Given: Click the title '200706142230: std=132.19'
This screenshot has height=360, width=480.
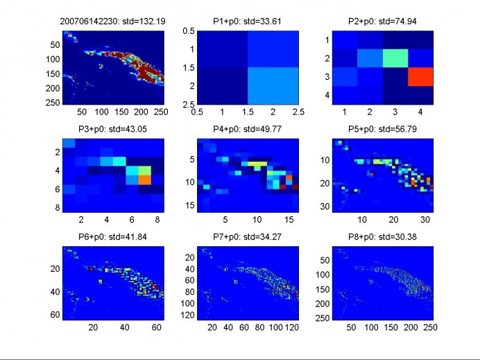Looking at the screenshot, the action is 112,22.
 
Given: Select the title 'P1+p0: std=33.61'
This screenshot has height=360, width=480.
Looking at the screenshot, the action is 248,22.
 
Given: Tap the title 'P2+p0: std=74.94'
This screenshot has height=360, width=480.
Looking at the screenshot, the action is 382,22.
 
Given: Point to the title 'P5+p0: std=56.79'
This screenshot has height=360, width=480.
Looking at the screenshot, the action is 382,129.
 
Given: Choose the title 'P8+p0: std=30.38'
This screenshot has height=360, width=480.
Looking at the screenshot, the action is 382,237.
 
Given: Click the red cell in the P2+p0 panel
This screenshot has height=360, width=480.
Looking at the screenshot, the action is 420,77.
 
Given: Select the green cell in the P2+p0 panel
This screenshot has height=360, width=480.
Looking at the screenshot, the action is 395,58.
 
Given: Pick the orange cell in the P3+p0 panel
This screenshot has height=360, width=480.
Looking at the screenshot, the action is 144,180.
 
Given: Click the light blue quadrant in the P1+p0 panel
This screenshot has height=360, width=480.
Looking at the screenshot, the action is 273,86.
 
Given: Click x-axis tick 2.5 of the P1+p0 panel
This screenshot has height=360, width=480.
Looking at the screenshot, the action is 298,112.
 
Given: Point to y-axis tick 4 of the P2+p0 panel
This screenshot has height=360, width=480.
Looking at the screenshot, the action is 327,95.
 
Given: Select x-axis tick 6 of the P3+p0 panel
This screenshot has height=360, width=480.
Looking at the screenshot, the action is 132,220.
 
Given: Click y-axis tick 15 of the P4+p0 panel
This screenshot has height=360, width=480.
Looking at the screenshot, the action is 190,205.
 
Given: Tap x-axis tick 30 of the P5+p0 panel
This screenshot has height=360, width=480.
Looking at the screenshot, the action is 425,220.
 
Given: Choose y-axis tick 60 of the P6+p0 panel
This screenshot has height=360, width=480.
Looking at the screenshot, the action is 55,315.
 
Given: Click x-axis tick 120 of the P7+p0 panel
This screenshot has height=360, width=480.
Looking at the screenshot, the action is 292,327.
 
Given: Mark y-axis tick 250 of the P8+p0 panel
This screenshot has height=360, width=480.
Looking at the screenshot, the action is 323,318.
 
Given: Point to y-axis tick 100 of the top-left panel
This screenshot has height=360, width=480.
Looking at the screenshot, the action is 53,60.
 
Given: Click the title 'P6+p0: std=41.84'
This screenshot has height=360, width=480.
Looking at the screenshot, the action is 112,237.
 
